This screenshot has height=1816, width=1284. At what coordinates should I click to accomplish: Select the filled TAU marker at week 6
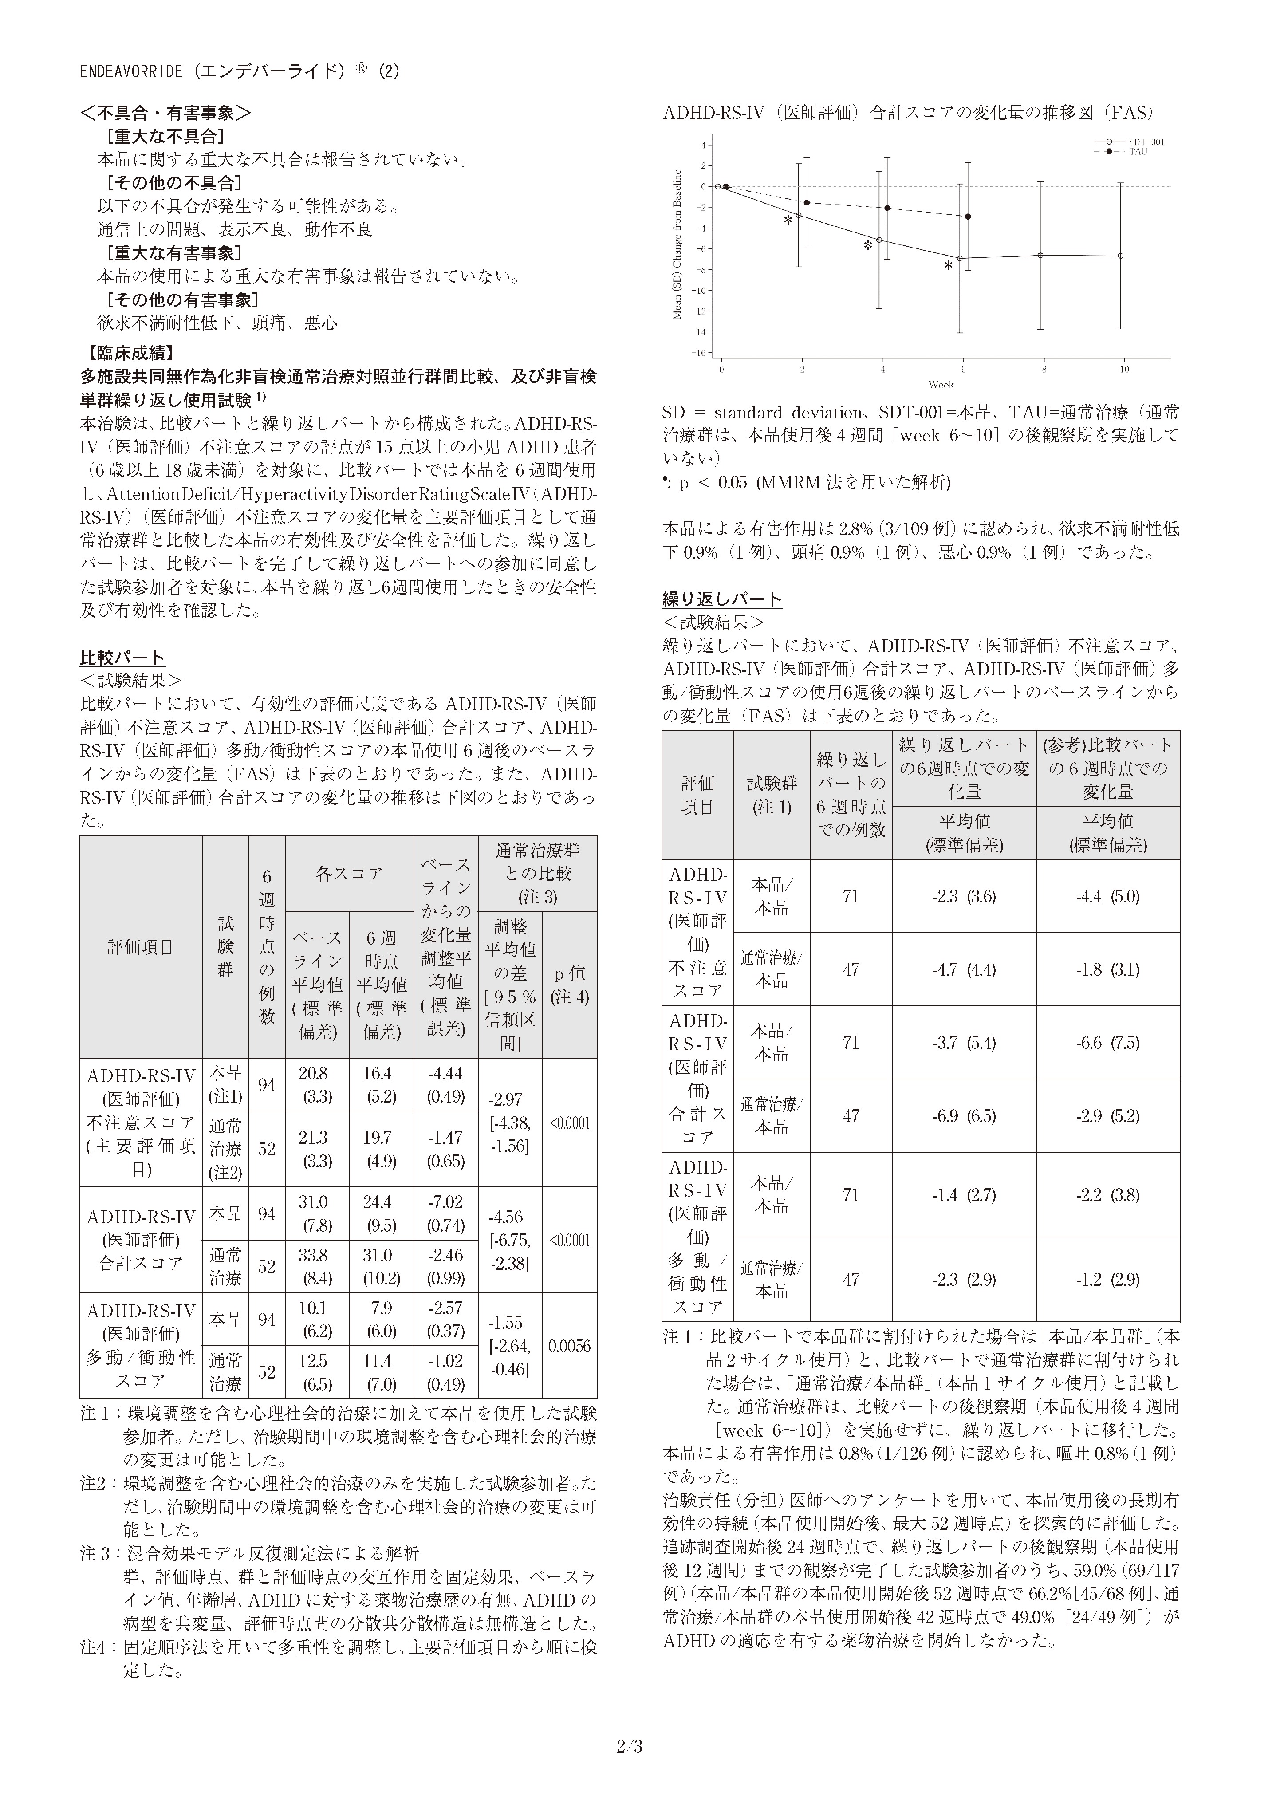coord(969,217)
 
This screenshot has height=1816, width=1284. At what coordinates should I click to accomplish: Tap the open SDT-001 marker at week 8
coord(1040,255)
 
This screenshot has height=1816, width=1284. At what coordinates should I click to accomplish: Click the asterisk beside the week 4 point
coord(868,246)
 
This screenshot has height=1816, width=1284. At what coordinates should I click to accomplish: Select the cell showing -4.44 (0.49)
coord(445,1085)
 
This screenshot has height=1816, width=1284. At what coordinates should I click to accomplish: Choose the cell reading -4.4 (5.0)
coord(1107,896)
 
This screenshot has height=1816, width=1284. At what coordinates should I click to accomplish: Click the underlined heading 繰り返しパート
coord(721,599)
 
